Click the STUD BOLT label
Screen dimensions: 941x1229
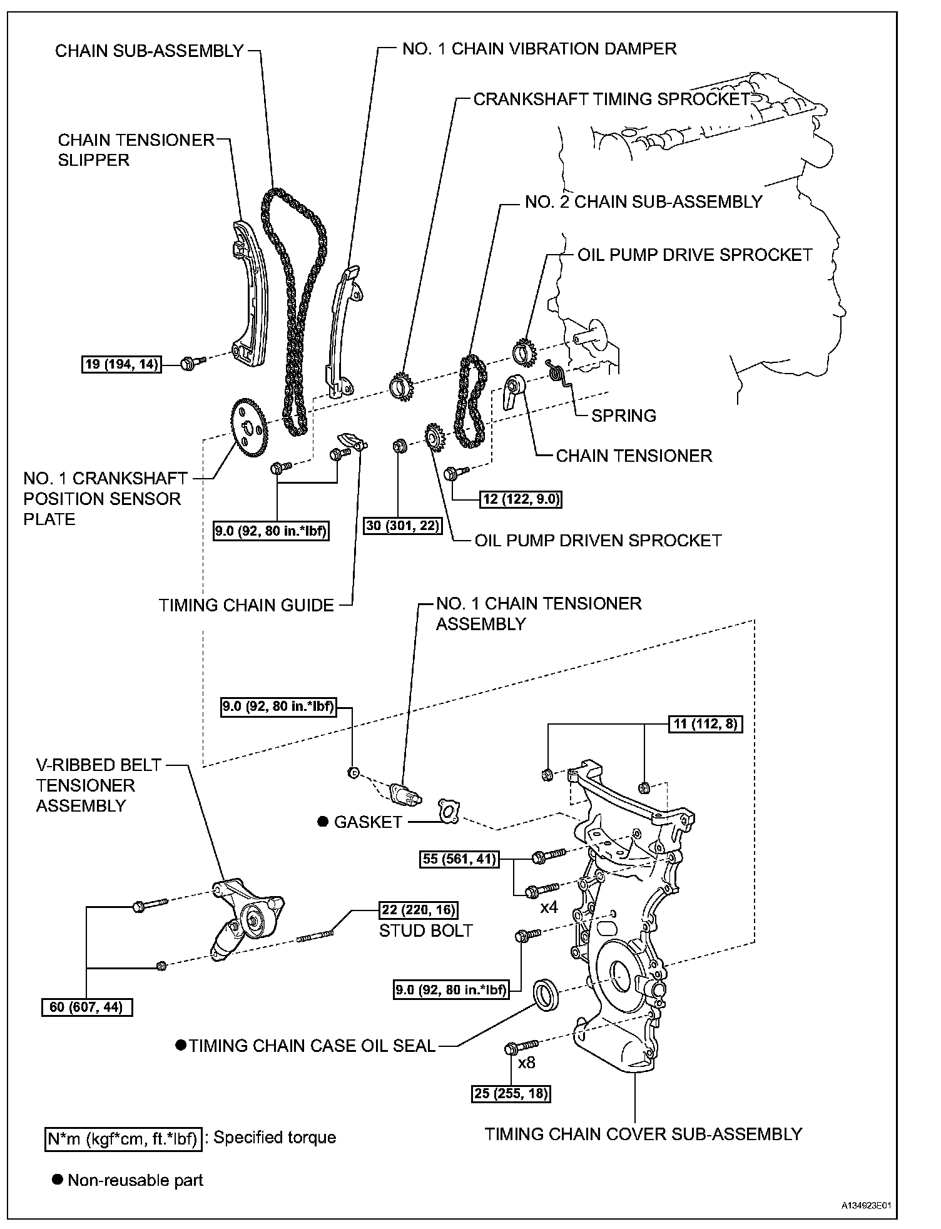(x=425, y=931)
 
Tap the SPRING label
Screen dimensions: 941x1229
(x=623, y=416)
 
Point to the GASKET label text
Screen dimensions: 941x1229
(x=367, y=822)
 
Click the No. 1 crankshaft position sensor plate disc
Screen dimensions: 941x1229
(x=249, y=429)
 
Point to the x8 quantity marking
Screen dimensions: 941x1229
(x=527, y=1063)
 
